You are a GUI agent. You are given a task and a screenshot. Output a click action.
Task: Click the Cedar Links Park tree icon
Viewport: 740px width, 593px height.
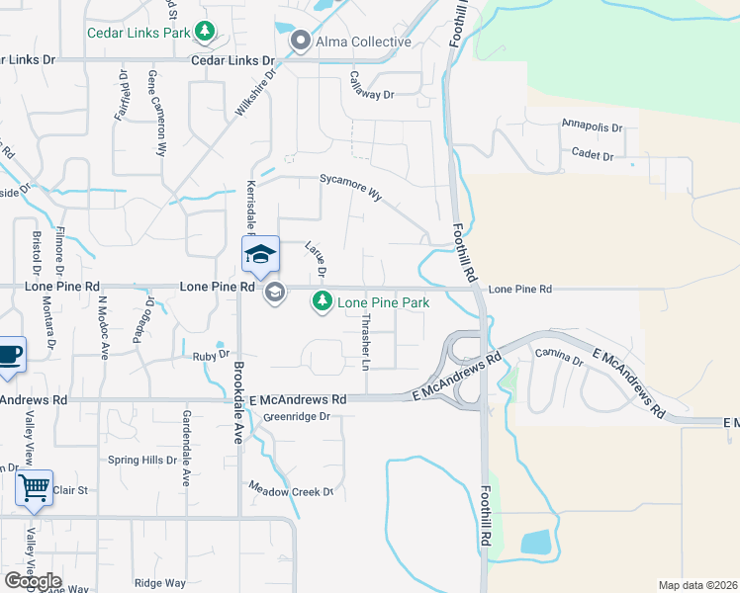click(x=205, y=32)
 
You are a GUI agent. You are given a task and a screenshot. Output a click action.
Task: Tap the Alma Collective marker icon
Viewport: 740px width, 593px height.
click(x=301, y=42)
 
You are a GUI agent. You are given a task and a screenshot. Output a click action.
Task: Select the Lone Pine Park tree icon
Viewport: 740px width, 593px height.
click(x=322, y=301)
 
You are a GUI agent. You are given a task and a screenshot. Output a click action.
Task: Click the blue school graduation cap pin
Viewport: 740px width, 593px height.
click(x=261, y=256)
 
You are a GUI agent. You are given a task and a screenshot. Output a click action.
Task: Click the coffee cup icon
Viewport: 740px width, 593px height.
click(x=9, y=355)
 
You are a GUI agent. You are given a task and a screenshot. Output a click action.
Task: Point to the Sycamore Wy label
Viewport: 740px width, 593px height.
click(x=350, y=188)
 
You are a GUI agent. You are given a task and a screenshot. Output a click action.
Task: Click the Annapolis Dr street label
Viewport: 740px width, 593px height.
click(x=592, y=127)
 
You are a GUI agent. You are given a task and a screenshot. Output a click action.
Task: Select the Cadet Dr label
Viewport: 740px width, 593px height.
click(x=594, y=156)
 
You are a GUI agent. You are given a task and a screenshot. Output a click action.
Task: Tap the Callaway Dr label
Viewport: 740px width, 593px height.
click(x=372, y=87)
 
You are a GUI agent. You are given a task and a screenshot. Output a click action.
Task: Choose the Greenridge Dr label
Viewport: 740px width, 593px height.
click(x=296, y=417)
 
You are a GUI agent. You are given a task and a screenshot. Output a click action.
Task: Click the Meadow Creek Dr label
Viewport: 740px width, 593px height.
click(x=292, y=490)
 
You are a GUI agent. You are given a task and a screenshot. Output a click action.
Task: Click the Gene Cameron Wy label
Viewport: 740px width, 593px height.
click(x=156, y=114)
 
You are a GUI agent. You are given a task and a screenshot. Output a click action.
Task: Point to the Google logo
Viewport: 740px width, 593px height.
click(x=33, y=581)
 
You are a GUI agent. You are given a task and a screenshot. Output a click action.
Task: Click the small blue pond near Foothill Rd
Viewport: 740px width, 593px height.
click(x=535, y=542)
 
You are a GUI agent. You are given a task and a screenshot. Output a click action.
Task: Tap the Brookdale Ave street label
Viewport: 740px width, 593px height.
click(x=238, y=400)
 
